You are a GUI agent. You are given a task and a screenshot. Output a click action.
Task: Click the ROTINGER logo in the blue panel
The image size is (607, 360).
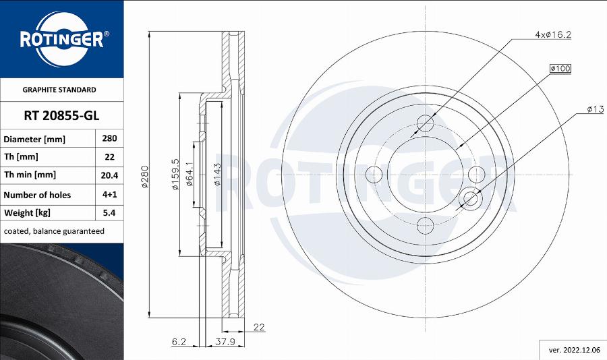pyautogui.click(x=61, y=39)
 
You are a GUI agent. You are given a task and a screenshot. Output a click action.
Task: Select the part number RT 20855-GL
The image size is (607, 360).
pyautogui.click(x=61, y=116)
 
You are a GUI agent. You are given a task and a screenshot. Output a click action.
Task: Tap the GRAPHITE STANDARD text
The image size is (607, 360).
pyautogui.click(x=59, y=90)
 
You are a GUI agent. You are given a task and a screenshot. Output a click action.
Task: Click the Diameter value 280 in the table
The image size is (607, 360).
pyautogui.click(x=109, y=138)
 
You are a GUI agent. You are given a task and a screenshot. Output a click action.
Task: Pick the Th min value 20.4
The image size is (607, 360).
pyautogui.click(x=109, y=175)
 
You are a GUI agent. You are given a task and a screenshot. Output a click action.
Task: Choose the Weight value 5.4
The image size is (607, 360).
pyautogui.click(x=109, y=212)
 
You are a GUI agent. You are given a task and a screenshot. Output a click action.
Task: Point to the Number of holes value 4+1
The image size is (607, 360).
pyautogui.click(x=109, y=194)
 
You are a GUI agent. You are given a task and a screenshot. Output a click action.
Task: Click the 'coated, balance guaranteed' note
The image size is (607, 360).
pyautogui.click(x=54, y=231)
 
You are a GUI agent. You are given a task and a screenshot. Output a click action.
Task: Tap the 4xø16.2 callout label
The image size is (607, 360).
pyautogui.click(x=553, y=34)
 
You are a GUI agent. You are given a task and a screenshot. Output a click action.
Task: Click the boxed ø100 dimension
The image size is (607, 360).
pyautogui.click(x=560, y=69)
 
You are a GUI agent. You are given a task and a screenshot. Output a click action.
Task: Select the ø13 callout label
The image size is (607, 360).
pyautogui.click(x=594, y=109)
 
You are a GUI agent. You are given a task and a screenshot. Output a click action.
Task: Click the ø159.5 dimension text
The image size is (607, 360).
pyautogui.click(x=175, y=175)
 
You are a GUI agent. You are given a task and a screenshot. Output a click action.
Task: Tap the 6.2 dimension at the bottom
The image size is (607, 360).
pyautogui.click(x=178, y=342)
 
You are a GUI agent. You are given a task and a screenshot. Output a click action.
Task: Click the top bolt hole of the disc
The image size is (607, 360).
pyautogui.click(x=426, y=123)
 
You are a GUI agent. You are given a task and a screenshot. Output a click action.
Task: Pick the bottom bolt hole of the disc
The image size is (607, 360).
pyautogui.click(x=426, y=224)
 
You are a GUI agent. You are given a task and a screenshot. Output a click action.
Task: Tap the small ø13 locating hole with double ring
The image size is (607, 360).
pyautogui.click(x=470, y=198)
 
